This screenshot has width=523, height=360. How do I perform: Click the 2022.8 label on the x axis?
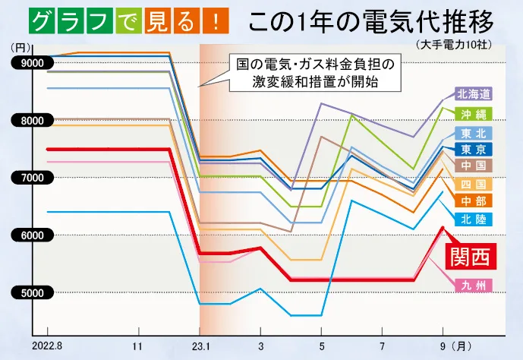[x=47, y=346]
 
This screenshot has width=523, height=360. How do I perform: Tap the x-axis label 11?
[x=138, y=346]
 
